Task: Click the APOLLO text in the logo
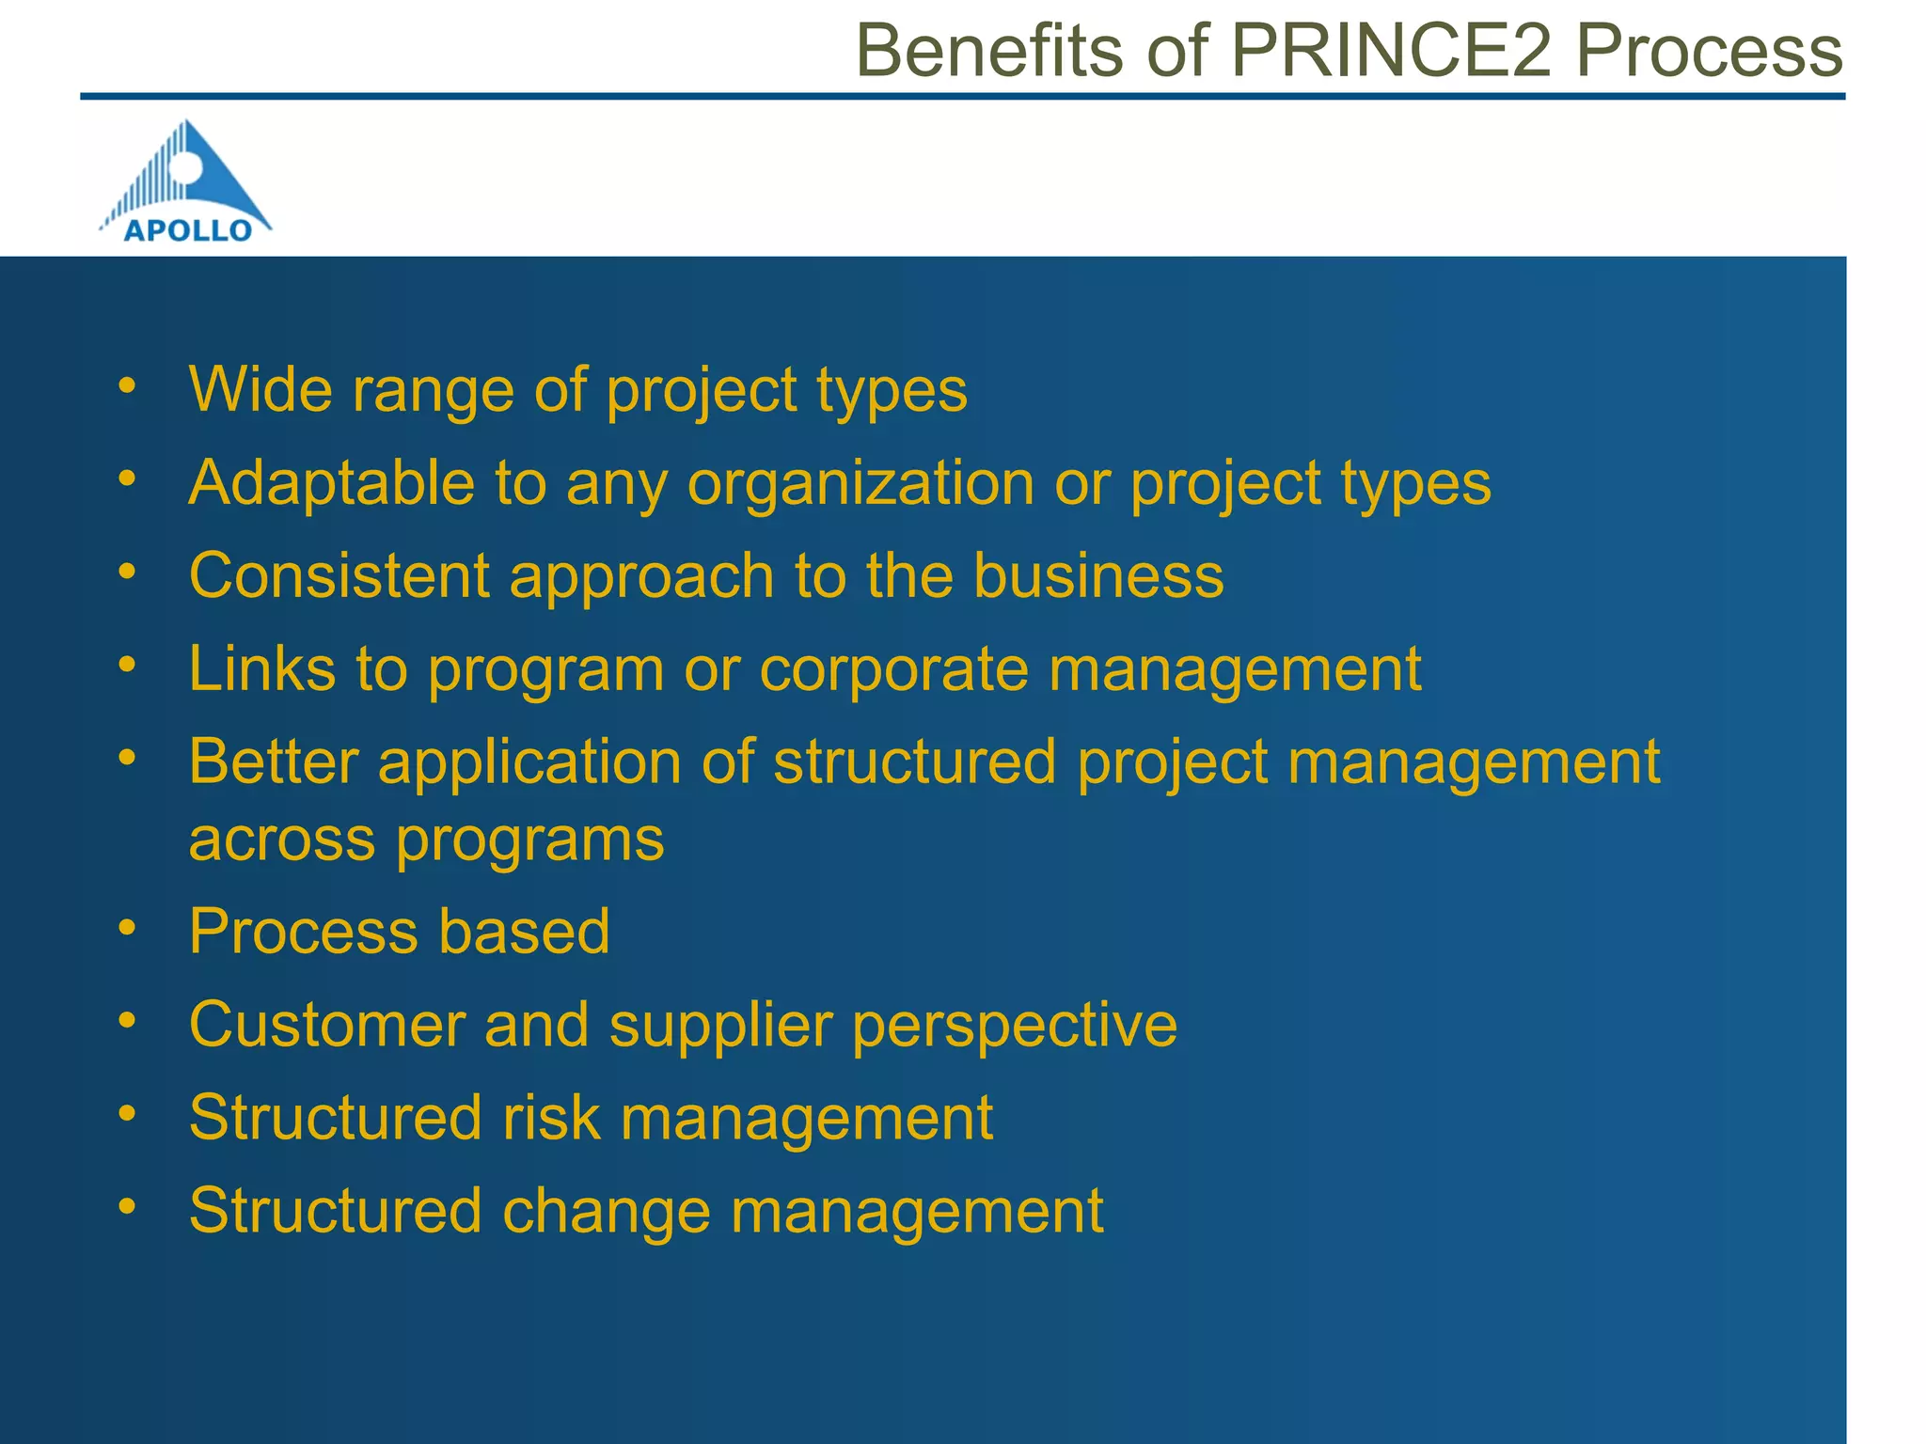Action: [188, 230]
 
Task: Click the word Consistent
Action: [339, 575]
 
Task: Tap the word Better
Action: [274, 761]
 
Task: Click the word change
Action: [606, 1212]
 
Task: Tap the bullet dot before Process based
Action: [128, 928]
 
